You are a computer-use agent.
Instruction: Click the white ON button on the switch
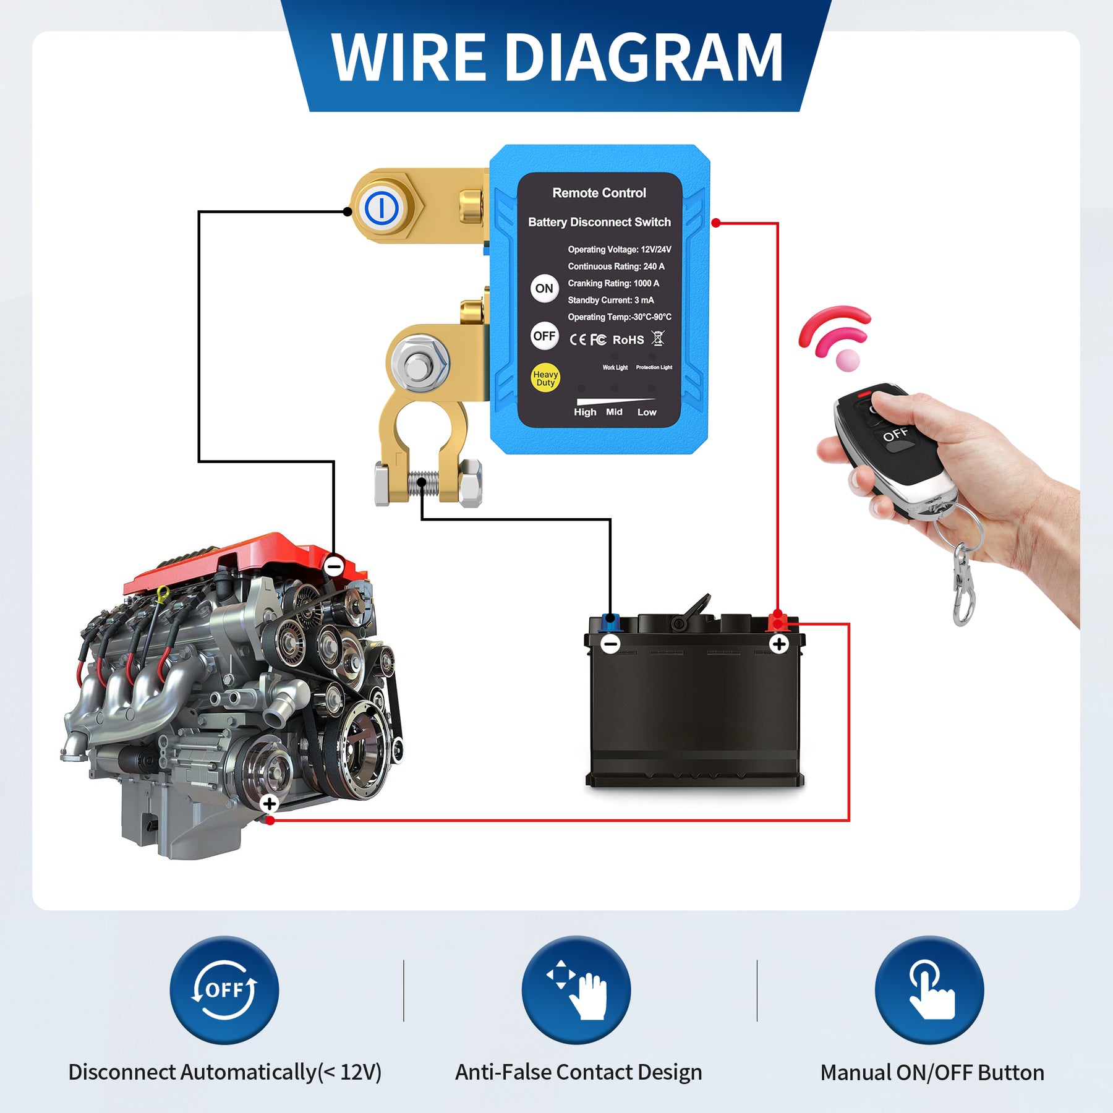pyautogui.click(x=544, y=289)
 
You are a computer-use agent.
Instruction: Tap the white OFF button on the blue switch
pyautogui.click(x=544, y=336)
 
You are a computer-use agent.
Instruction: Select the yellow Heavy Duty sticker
pyautogui.click(x=545, y=378)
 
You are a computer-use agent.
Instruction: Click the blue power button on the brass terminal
pyautogui.click(x=382, y=208)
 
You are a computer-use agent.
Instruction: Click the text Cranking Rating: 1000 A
pyautogui.click(x=613, y=283)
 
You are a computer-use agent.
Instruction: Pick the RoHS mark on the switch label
pyautogui.click(x=628, y=340)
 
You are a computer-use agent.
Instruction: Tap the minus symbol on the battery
pyautogui.click(x=610, y=644)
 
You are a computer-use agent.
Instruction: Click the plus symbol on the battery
pyautogui.click(x=778, y=644)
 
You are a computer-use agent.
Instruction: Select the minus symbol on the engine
pyautogui.click(x=335, y=565)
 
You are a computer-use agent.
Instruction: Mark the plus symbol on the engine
pyautogui.click(x=269, y=804)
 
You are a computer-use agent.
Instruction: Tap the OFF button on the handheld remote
pyautogui.click(x=895, y=435)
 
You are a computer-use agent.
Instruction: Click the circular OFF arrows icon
pyautogui.click(x=224, y=990)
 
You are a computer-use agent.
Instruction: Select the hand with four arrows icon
pyautogui.click(x=576, y=990)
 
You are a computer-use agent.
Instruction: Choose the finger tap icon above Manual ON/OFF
pyautogui.click(x=929, y=990)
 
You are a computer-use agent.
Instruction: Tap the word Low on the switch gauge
pyautogui.click(x=646, y=412)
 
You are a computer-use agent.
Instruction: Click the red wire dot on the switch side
pyautogui.click(x=715, y=223)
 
